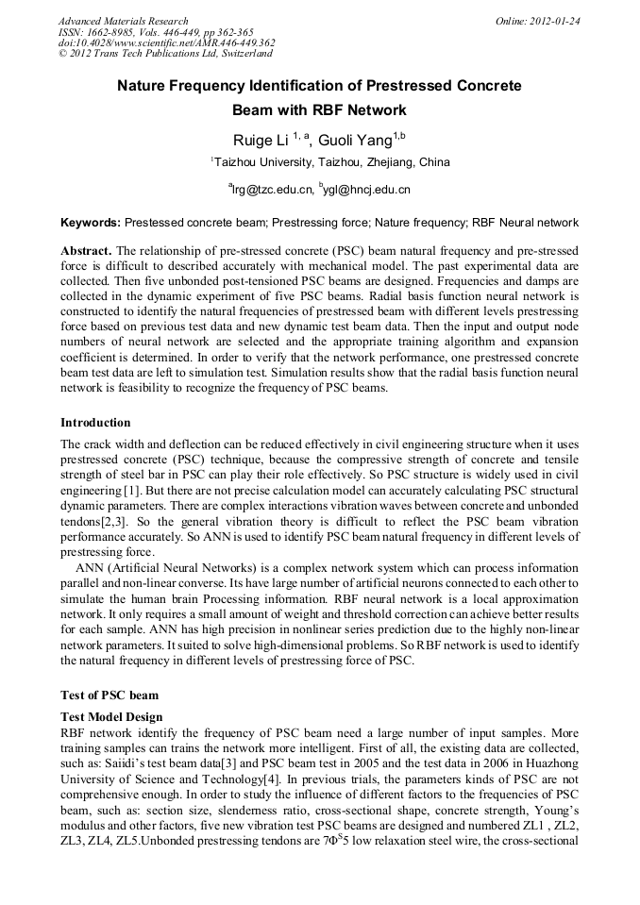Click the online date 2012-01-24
point(551,21)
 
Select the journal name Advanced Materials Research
point(123,21)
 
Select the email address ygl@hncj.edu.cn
point(367,190)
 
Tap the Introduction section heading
point(95,422)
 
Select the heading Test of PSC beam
point(109,695)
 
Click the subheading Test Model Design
point(111,717)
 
